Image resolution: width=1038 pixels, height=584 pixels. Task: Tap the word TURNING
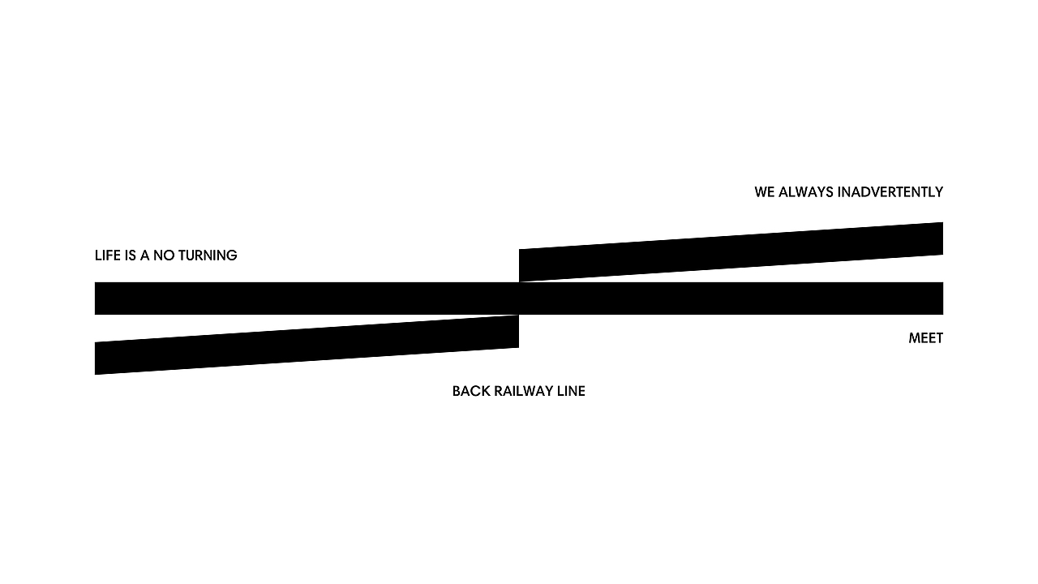click(x=208, y=255)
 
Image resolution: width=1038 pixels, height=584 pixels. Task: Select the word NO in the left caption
click(x=164, y=255)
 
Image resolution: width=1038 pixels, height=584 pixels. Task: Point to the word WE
click(x=765, y=192)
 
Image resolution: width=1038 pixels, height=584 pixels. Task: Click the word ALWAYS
click(x=806, y=192)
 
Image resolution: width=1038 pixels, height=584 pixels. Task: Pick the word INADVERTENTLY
click(x=890, y=192)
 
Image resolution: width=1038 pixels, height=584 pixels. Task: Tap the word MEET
click(x=926, y=338)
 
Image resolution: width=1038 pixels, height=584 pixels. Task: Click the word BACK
click(x=471, y=391)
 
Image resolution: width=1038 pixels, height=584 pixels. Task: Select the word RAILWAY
click(x=524, y=391)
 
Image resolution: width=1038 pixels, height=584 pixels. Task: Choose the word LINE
click(x=572, y=391)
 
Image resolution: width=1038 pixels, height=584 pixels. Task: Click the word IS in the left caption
click(x=131, y=255)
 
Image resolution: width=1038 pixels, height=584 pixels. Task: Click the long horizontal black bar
click(x=519, y=298)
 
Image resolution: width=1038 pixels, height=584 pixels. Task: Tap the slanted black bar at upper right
click(x=731, y=251)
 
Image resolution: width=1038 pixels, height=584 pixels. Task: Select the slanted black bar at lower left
click(x=307, y=345)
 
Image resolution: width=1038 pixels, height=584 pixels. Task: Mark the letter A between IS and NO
click(x=144, y=255)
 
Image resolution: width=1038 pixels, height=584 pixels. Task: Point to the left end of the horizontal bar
click(x=95, y=298)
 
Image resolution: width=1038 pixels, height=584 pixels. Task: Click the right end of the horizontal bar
click(x=943, y=298)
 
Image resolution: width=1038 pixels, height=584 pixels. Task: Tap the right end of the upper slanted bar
click(x=943, y=238)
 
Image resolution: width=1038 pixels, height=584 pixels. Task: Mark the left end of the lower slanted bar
click(x=95, y=359)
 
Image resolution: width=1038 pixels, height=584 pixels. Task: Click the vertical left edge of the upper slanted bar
click(x=519, y=265)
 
